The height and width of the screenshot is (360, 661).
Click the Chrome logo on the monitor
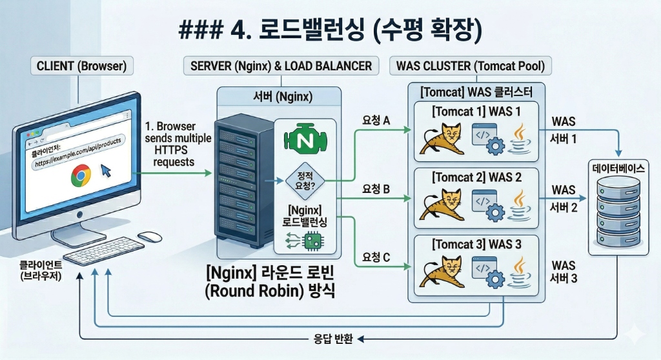81,174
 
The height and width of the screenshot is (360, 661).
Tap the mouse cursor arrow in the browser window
105,172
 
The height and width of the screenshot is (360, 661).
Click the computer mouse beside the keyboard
149,237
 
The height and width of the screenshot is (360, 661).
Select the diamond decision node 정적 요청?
304,181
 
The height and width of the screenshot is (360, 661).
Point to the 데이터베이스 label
618,167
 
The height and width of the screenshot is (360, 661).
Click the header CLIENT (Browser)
77,66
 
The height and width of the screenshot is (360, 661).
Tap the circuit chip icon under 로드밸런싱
313,241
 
